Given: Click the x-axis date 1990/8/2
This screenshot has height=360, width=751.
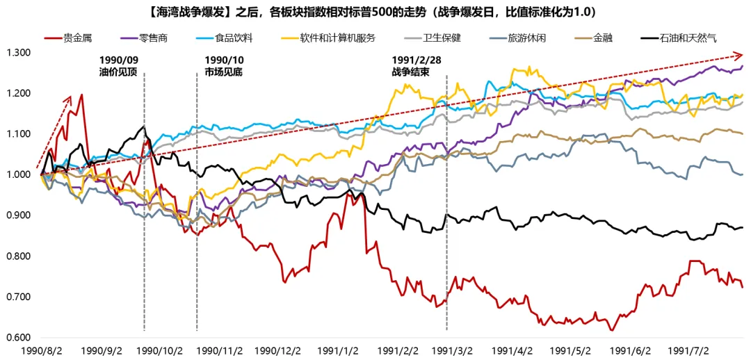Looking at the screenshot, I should pos(42,352).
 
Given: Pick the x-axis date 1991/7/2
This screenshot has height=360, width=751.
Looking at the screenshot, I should pos(688,352).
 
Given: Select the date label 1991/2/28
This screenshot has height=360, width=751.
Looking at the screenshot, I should pos(417,60).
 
